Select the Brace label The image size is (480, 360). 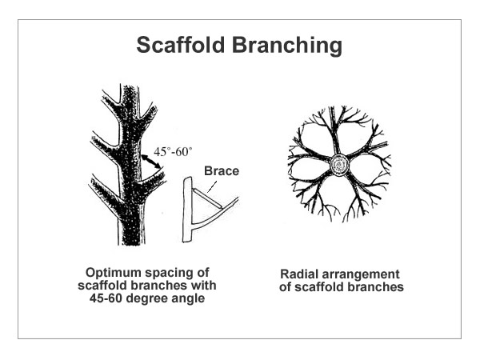tap(220, 170)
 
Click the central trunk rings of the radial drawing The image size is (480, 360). tap(340, 166)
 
